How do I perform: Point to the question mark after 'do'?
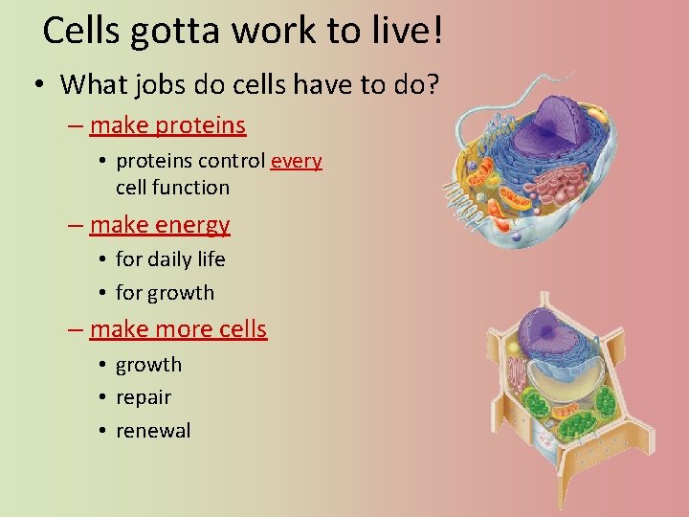[x=433, y=84]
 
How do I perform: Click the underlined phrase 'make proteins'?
[x=167, y=125]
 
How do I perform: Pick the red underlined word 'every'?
[x=297, y=161]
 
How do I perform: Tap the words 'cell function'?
[x=172, y=188]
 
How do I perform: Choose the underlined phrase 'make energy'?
[x=160, y=225]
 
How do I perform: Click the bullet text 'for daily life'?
[x=170, y=259]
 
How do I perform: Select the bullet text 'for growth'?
[x=165, y=293]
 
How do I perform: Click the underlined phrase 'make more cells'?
[x=178, y=329]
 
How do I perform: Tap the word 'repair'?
[x=144, y=397]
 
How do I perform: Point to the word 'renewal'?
[x=153, y=431]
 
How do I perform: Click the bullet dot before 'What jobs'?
[x=36, y=84]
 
